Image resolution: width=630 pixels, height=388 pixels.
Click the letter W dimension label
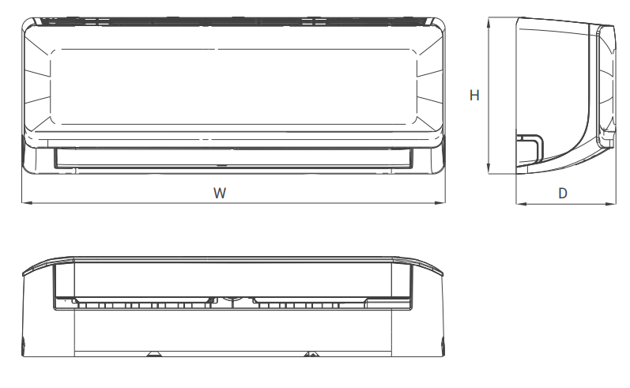220,193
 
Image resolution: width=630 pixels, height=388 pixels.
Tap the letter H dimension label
474,95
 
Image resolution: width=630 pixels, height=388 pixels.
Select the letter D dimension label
563,193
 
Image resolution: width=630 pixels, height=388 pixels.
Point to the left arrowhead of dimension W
27,203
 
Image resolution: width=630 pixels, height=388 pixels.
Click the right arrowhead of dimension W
440,203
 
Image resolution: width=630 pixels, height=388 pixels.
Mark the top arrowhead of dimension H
489,22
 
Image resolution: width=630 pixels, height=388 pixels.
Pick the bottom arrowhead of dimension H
489,168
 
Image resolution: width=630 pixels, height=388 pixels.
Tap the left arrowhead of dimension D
521,204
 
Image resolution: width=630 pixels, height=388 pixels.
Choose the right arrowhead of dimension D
610,204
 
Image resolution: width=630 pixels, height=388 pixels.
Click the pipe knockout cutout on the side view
530,146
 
